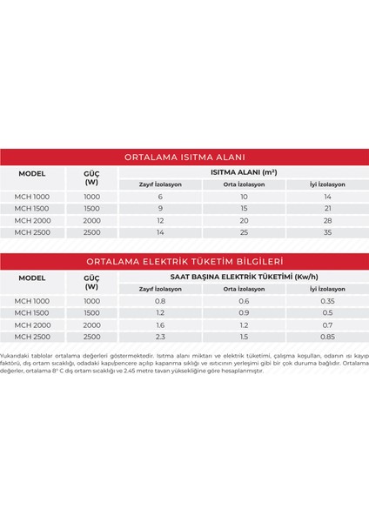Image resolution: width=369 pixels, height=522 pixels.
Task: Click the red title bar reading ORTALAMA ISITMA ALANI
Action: [x=184, y=157]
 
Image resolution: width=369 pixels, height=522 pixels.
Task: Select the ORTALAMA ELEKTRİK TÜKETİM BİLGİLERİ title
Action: [x=184, y=261]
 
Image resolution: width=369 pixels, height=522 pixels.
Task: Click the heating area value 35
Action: [x=327, y=233]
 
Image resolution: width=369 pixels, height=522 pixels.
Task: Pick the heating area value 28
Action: [x=327, y=221]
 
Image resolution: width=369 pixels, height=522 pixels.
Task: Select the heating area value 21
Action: [x=327, y=210]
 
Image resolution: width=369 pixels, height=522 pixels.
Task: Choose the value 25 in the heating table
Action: [x=243, y=233]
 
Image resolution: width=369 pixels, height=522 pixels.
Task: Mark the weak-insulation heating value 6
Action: [x=159, y=197]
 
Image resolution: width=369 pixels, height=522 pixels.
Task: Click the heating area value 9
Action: [x=159, y=210]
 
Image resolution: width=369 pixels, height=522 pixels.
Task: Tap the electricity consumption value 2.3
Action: [x=159, y=337]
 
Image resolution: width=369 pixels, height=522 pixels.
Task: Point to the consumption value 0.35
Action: [x=327, y=301]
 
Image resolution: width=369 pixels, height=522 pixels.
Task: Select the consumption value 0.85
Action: [x=327, y=337]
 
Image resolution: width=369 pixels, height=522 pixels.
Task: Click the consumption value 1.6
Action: [x=159, y=325]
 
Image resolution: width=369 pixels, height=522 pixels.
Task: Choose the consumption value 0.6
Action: [x=243, y=301]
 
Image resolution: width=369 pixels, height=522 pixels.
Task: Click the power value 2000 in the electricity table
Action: [x=91, y=325]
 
